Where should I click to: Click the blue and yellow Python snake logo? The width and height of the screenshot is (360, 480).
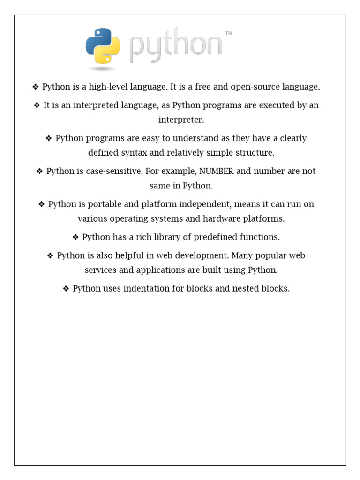(x=103, y=46)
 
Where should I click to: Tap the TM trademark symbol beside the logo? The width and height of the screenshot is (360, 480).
(x=229, y=34)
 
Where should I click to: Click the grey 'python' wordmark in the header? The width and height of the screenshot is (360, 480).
(x=175, y=47)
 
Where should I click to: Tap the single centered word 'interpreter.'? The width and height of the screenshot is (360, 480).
(x=181, y=120)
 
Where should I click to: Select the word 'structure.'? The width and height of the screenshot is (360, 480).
(x=254, y=153)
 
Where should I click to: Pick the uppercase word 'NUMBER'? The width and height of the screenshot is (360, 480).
(x=217, y=171)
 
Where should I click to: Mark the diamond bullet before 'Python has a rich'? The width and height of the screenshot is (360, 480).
(x=76, y=237)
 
